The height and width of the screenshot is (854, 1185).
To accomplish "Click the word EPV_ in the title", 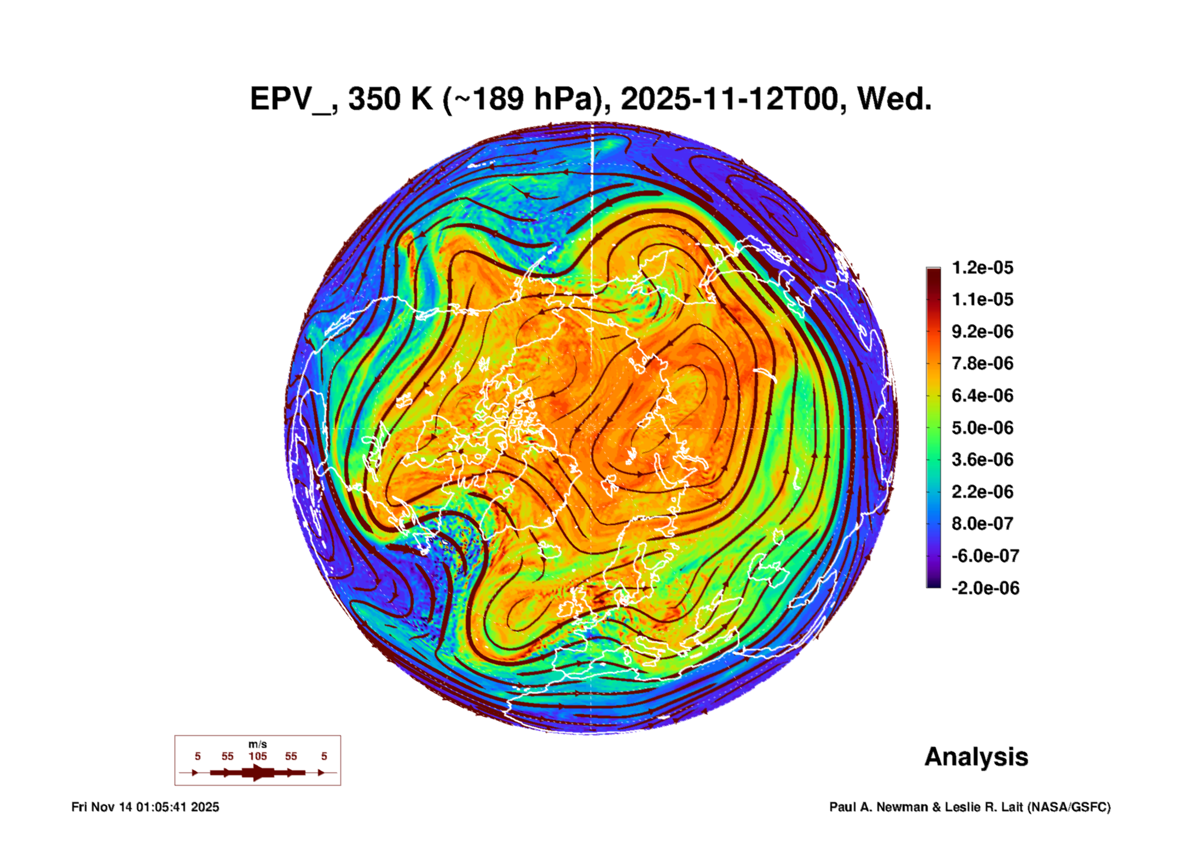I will pos(290,99).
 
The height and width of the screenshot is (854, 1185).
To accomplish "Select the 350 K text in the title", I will pos(390,99).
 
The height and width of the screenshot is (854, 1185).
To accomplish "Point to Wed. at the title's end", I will pos(894,99).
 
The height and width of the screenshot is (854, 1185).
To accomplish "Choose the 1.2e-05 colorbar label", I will pos(982,268).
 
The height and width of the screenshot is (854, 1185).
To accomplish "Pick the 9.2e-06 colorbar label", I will pos(982,332).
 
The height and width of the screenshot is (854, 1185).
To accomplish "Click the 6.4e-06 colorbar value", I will pos(982,396).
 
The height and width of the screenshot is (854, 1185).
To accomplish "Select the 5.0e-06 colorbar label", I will pos(982,428).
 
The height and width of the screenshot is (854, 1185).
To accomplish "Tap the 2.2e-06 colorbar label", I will pos(982,492).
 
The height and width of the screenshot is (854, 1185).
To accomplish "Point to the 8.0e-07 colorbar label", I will pos(982,524).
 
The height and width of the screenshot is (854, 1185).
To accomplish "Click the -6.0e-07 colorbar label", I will pos(985,556).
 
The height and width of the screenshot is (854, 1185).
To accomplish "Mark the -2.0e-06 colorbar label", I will pos(985,588).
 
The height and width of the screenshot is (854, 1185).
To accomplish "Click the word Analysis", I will pos(976,757).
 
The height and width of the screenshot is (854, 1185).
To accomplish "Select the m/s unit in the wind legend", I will pos(258,745).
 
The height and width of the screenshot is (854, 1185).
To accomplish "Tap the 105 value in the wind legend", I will pos(258,757).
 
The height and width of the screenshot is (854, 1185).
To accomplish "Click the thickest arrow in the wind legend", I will pos(258,773).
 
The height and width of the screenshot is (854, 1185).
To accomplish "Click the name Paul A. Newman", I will pos(879,807).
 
